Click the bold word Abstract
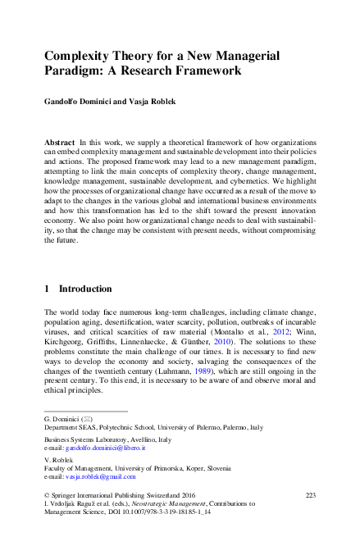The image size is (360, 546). [x=62, y=143]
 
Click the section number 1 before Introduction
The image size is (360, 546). [x=47, y=289]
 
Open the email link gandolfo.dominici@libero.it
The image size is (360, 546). [x=107, y=448]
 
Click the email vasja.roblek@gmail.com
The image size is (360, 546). [x=101, y=476]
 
